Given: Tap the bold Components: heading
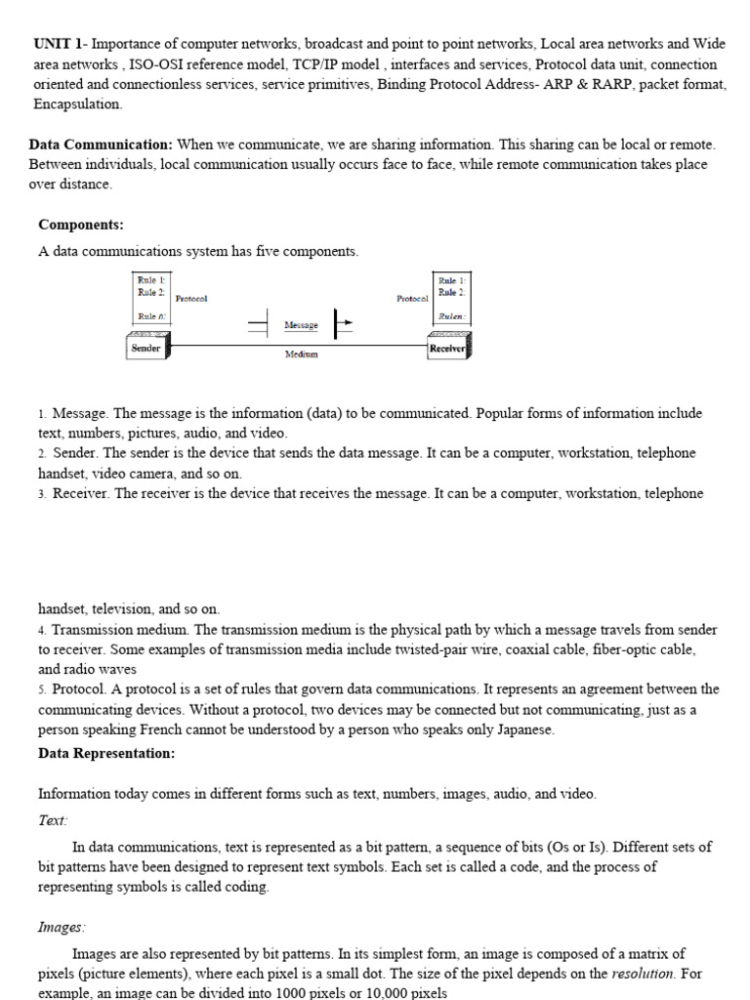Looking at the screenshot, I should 81,224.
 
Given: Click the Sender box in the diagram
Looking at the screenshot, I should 146,348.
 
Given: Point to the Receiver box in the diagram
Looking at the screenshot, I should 446,348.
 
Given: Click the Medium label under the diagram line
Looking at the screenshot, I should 301,354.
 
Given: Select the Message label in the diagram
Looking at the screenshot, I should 301,323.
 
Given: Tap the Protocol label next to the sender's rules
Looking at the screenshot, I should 191,298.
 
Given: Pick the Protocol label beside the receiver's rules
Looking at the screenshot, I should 412,298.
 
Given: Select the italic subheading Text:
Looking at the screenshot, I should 53,821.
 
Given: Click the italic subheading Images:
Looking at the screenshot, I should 62,927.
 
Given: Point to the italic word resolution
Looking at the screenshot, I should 642,974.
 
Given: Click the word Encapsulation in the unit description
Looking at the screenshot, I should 78,104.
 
